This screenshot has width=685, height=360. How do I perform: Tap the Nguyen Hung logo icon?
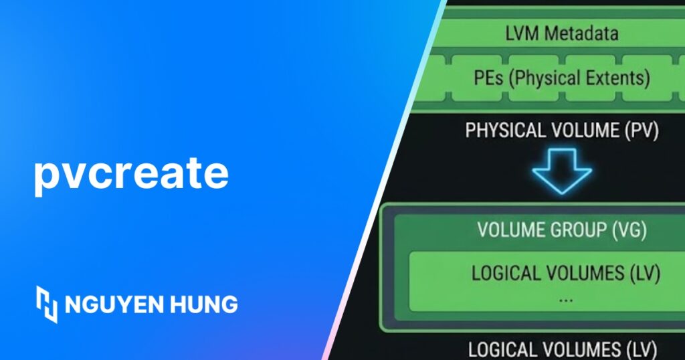(46, 304)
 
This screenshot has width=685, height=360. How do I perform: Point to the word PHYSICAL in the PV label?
(505, 130)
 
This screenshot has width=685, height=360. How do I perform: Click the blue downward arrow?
(562, 172)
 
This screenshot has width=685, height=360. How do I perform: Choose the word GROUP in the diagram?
(579, 230)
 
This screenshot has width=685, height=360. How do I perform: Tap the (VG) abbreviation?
(629, 230)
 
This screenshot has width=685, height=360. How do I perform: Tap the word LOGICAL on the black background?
(502, 349)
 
